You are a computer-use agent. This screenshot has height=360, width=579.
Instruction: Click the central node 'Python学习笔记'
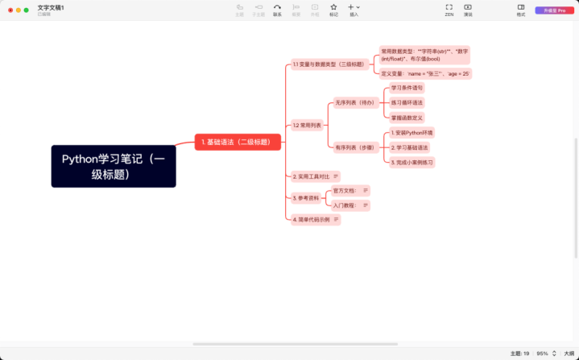click(x=114, y=166)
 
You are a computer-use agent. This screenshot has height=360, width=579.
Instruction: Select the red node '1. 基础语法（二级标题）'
click(x=238, y=142)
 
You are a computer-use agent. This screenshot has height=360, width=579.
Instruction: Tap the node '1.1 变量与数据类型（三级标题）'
click(x=329, y=64)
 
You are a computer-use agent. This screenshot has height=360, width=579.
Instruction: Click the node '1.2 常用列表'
click(x=307, y=125)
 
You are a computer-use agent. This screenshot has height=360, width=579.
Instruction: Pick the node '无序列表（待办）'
click(x=354, y=103)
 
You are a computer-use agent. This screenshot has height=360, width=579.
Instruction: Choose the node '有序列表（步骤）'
click(x=354, y=147)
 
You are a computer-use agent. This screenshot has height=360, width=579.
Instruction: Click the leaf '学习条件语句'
click(x=407, y=87)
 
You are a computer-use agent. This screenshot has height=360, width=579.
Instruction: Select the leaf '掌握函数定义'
click(x=407, y=118)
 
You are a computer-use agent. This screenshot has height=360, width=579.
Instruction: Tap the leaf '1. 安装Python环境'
click(x=412, y=132)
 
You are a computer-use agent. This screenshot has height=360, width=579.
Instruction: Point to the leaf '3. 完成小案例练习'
click(x=412, y=162)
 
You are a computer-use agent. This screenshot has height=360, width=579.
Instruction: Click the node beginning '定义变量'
click(x=425, y=73)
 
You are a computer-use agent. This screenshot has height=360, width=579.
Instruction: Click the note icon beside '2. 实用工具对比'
click(x=336, y=176)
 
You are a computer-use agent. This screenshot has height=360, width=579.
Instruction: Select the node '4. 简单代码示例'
click(x=311, y=219)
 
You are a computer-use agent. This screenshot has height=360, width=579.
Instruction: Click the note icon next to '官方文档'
click(x=366, y=191)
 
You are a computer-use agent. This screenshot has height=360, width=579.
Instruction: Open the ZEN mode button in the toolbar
click(x=449, y=9)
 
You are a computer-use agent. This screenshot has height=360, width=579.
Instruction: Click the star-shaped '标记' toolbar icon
click(x=333, y=9)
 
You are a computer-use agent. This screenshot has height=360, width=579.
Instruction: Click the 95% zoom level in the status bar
click(x=543, y=354)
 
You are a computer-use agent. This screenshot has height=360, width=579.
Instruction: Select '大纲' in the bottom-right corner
click(x=569, y=354)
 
